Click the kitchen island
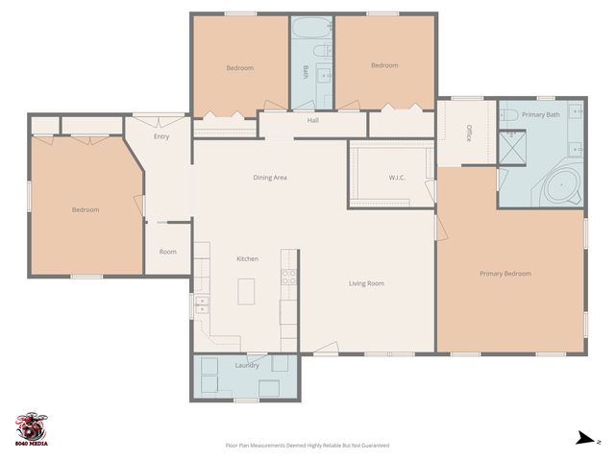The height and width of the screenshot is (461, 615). pyautogui.click(x=246, y=291)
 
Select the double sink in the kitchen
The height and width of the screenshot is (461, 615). pyautogui.click(x=202, y=305)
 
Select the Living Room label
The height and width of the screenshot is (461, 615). pyautogui.click(x=366, y=283)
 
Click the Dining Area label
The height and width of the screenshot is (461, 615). pyautogui.click(x=270, y=178)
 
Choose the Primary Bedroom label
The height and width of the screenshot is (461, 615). pyautogui.click(x=505, y=274)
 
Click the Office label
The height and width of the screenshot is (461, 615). pyautogui.click(x=468, y=133)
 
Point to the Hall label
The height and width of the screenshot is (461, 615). pyautogui.click(x=312, y=121)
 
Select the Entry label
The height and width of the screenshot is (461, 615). pyautogui.click(x=160, y=136)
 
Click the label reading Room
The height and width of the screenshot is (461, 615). pyautogui.click(x=168, y=252)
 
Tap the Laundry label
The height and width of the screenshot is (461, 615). pyautogui.click(x=247, y=365)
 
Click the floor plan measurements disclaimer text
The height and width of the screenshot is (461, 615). pyautogui.click(x=307, y=446)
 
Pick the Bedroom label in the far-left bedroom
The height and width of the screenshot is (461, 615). pyautogui.click(x=86, y=209)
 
